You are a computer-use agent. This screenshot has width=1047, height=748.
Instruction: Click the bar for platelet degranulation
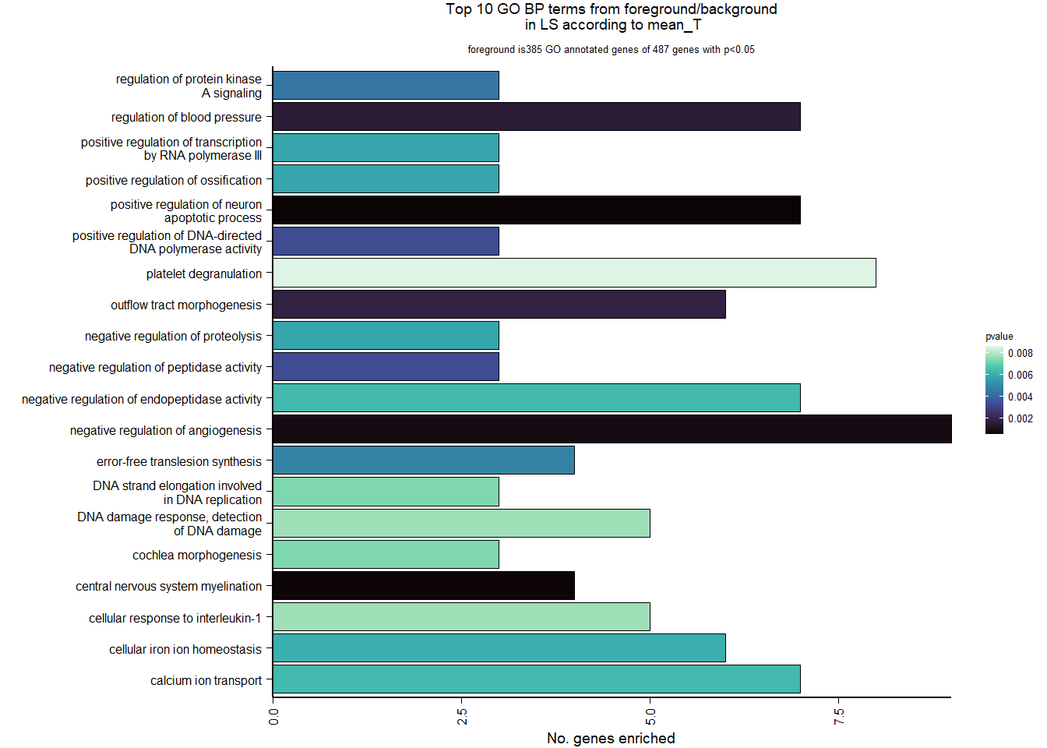pos(574,273)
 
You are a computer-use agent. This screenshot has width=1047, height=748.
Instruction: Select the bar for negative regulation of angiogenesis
pos(612,429)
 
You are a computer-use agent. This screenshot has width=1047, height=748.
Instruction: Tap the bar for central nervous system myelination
pos(424,585)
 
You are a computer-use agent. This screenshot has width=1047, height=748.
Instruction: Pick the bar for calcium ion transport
pos(536,679)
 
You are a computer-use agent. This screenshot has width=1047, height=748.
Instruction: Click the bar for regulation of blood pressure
pos(536,116)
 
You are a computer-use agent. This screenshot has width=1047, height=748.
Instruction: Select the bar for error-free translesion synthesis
pos(424,460)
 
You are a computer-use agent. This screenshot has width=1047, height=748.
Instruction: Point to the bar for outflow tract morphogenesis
pos(499,304)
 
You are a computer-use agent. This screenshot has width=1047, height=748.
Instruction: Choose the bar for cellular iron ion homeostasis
pos(499,647)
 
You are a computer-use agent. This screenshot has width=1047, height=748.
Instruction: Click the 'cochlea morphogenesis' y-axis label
pos(196,555)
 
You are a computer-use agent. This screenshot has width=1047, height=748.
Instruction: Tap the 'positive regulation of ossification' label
pos(173,180)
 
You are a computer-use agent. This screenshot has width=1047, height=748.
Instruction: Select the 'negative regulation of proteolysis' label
pos(173,336)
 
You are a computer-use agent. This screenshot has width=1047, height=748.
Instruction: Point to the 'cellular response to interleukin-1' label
pos(174,618)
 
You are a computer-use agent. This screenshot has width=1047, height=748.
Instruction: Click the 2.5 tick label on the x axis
pos(462,717)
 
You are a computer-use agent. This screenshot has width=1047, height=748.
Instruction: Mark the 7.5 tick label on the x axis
pos(839,717)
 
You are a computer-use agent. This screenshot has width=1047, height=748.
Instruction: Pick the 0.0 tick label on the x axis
pos(273,717)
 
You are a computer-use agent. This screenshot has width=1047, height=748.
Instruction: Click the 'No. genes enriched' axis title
pos(611,738)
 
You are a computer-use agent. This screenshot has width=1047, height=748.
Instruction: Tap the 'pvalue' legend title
pos(999,337)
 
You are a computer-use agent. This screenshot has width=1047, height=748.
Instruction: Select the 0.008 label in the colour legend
pos(1020,353)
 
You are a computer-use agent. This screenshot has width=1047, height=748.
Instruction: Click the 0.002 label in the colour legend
pos(1020,418)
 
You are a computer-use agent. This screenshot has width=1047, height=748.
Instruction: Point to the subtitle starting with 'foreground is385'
pos(611,50)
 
